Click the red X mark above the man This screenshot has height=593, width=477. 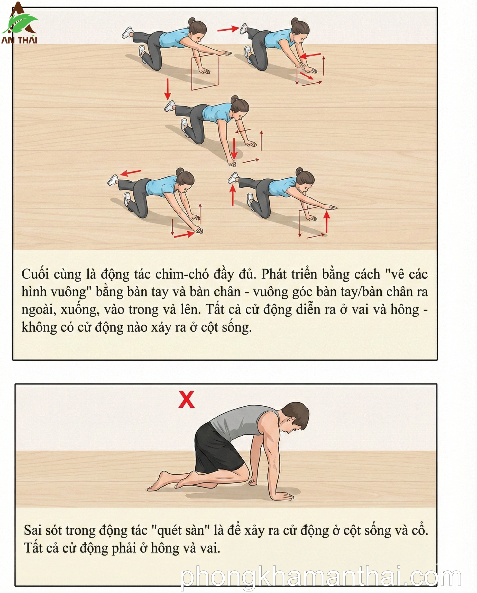(x=186, y=399)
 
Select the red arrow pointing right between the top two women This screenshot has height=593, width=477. (x=228, y=29)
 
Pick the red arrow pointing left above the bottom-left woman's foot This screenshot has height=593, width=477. (x=131, y=173)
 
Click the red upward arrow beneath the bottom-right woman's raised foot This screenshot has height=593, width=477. (x=233, y=195)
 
